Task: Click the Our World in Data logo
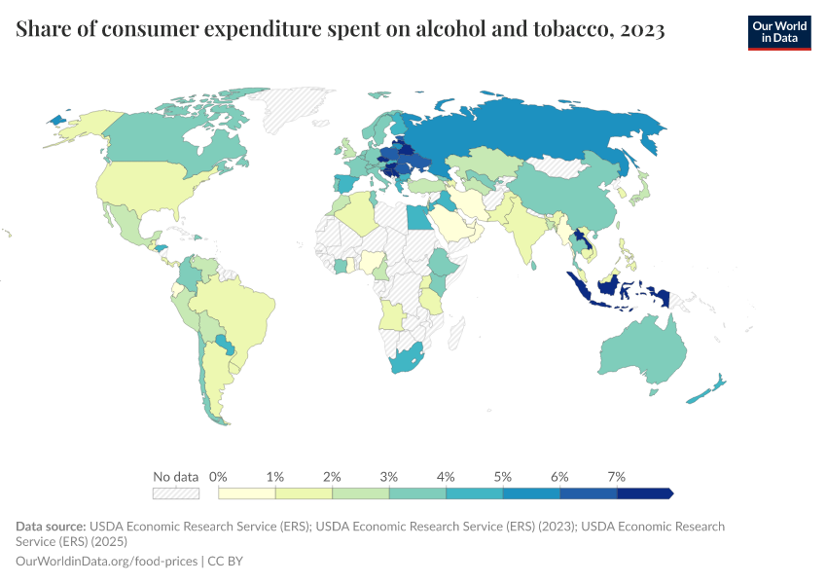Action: (x=778, y=32)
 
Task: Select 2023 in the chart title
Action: (x=641, y=30)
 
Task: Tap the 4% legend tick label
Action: (x=446, y=477)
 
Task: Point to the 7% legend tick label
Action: (x=616, y=477)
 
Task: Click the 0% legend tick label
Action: (x=218, y=477)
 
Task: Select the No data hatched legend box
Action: (x=176, y=493)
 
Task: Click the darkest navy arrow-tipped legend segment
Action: (x=645, y=493)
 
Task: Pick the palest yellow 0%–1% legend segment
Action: (x=246, y=493)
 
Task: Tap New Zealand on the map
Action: (x=707, y=390)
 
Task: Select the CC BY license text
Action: (x=232, y=561)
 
